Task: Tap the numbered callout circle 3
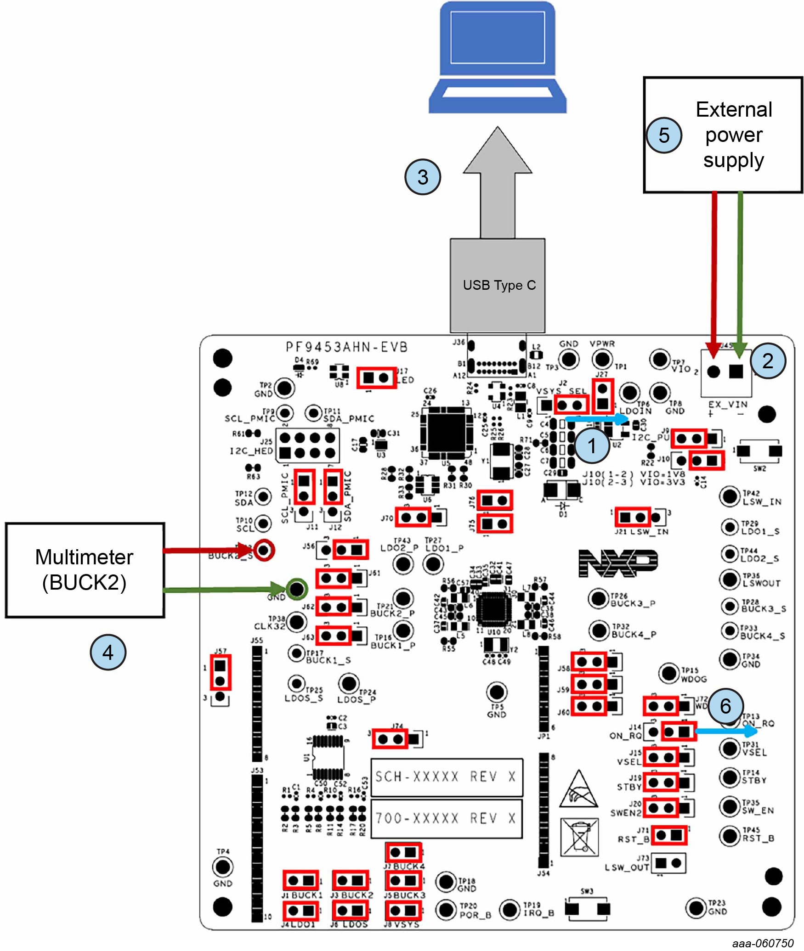[x=422, y=177]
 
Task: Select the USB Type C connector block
[x=498, y=285]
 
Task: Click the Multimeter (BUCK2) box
[x=85, y=570]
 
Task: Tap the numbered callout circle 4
[x=108, y=652]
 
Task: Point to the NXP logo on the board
[x=617, y=563]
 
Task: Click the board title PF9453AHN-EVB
[x=347, y=347]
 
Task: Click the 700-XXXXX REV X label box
[x=447, y=818]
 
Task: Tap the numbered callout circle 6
[x=725, y=706]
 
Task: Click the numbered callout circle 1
[x=592, y=445]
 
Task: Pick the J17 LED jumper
[x=376, y=378]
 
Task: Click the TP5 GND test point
[x=497, y=692]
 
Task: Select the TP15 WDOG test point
[x=669, y=673]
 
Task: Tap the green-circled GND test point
[x=297, y=589]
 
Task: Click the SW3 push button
[x=587, y=908]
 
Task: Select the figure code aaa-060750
[x=763, y=943]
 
